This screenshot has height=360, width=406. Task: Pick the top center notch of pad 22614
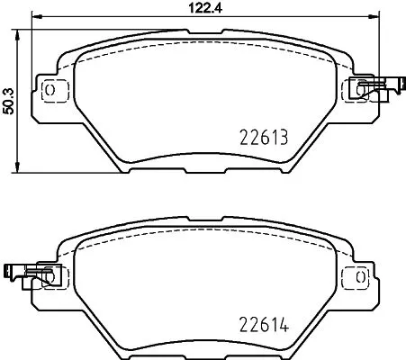click(203, 219)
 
